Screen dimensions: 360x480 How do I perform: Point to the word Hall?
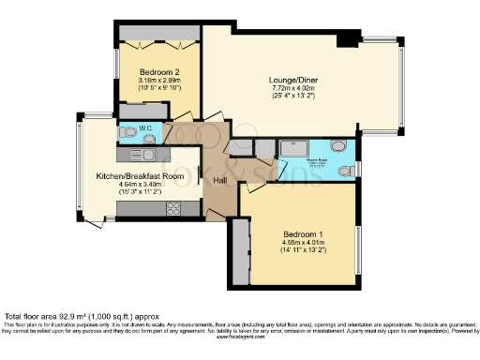pyautogui.click(x=220, y=180)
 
